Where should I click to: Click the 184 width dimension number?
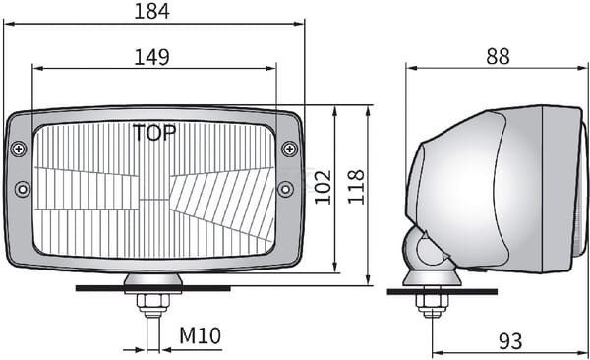coord(152,11)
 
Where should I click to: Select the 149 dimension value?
coord(152,57)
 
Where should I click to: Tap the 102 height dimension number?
coord(323,188)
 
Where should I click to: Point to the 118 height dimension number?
coord(356,187)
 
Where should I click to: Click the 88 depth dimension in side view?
coord(498,56)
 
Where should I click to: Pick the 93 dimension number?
coord(510,341)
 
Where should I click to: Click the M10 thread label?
coord(200,335)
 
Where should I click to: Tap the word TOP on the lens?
coord(154,133)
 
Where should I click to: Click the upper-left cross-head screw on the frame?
coord(19,150)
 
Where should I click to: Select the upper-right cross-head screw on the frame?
coord(290,150)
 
